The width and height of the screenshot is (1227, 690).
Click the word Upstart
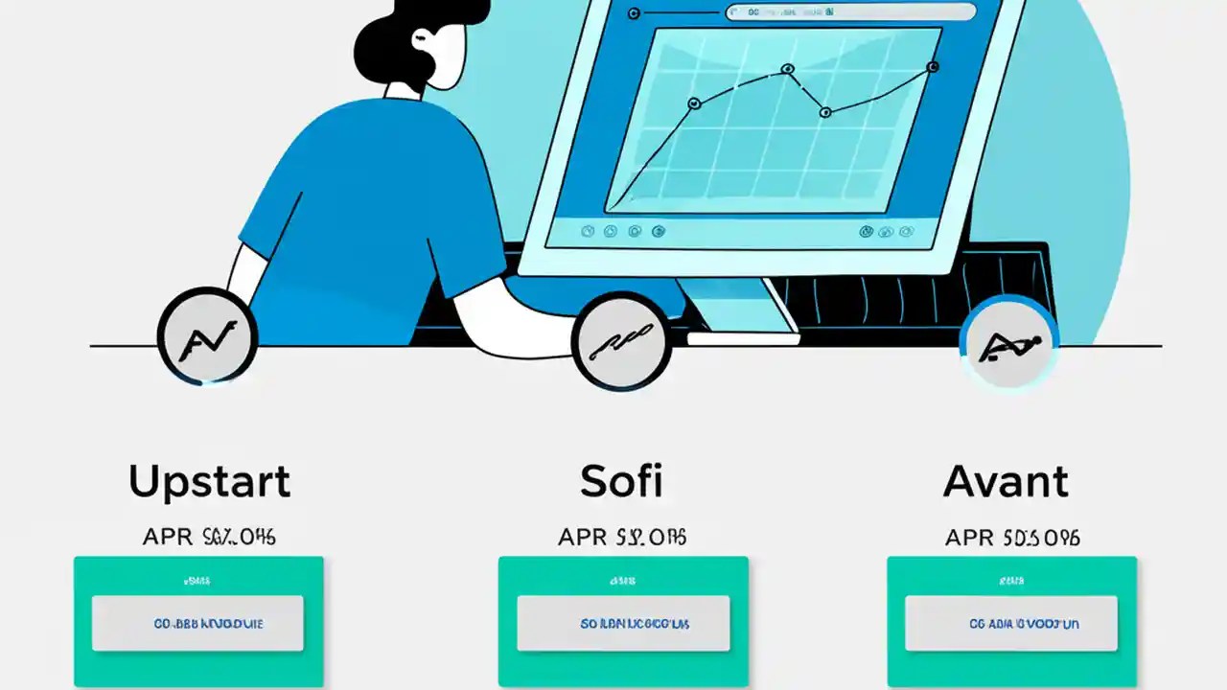[x=209, y=481]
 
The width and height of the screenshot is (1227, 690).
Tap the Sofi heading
[x=620, y=481]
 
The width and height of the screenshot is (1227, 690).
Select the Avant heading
[x=1006, y=481]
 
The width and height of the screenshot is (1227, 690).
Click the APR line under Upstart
[x=209, y=537]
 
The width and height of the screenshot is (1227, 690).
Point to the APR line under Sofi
[x=622, y=537]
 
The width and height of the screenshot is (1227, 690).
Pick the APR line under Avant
[x=1012, y=537]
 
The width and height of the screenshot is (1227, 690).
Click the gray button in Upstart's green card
[x=197, y=623]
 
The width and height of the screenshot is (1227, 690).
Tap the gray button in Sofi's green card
[x=622, y=623]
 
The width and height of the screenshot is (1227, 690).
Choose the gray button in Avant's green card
[x=1011, y=623]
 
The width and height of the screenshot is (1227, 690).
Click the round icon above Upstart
[x=207, y=338]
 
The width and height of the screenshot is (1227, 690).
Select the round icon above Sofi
[x=620, y=341]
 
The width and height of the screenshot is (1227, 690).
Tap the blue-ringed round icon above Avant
[x=1008, y=343]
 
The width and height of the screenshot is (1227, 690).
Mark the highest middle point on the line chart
[x=787, y=69]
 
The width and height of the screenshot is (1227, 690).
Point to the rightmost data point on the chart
[x=932, y=67]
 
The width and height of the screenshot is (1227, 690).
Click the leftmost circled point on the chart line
[x=694, y=103]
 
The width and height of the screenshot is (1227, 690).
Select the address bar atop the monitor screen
[x=850, y=12]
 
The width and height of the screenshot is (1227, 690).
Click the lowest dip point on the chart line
[x=824, y=112]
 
